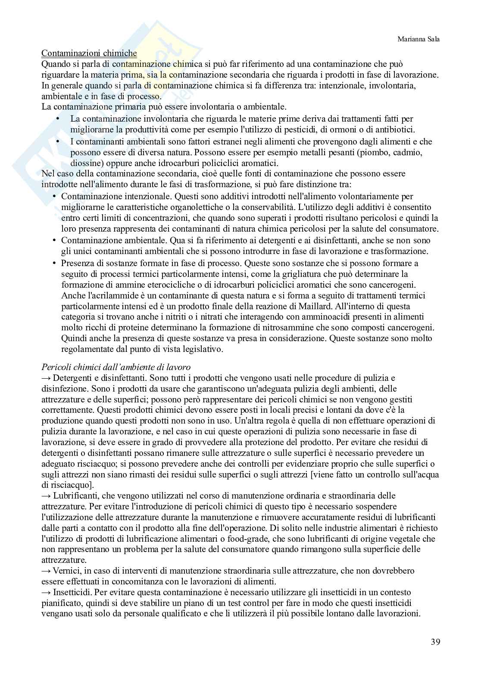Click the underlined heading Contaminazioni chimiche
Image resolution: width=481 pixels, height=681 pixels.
coord(89,53)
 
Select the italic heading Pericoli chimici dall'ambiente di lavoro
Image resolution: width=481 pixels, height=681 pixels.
coord(116,367)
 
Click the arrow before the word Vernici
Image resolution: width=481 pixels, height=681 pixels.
coord(47,571)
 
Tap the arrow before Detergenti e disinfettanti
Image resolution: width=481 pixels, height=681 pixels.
coord(47,378)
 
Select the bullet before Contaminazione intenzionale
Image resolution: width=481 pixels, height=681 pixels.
coord(54,197)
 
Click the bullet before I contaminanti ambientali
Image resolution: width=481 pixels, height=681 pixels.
coord(58,142)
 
